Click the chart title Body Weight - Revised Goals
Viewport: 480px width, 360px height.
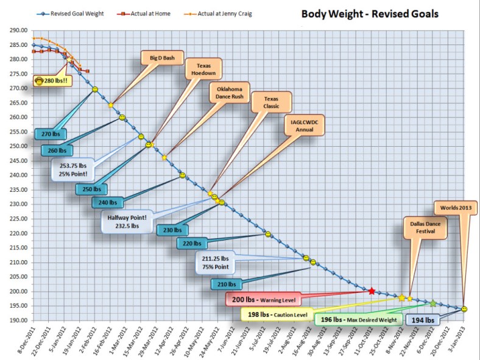coord(370,13)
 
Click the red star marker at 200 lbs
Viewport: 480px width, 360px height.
coord(372,291)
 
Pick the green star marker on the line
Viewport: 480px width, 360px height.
coord(433,303)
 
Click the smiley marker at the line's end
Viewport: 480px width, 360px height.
coord(465,309)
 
